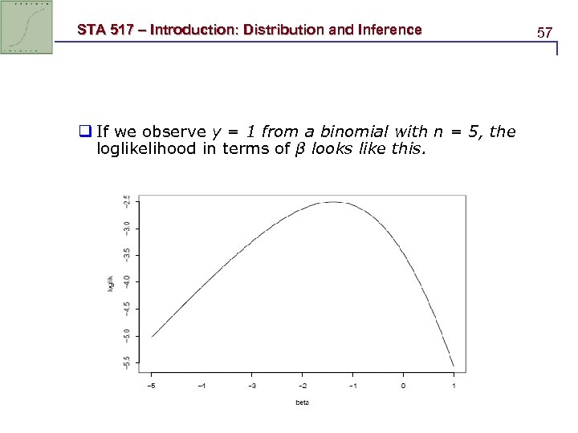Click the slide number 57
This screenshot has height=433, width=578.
click(545, 33)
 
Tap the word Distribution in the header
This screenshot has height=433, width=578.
click(280, 30)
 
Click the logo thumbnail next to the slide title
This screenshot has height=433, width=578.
click(27, 27)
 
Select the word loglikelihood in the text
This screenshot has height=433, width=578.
click(144, 148)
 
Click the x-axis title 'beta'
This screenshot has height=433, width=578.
click(302, 402)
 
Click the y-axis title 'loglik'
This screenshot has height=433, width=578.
click(111, 283)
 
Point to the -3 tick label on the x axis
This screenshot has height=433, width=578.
click(251, 386)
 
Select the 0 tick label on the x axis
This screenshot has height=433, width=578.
click(403, 386)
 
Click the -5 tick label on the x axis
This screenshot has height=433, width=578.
click(150, 386)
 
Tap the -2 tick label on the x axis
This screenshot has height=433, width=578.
click(302, 386)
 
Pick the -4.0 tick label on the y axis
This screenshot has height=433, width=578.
click(125, 281)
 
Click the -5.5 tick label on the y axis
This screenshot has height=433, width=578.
click(125, 362)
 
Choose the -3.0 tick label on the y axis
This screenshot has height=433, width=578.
click(125, 228)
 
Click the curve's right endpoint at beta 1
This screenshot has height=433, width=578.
click(454, 366)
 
